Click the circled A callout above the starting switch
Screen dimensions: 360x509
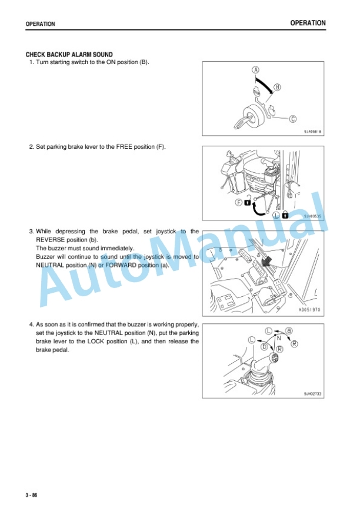click(x=256, y=70)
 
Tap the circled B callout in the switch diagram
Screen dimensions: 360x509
click(x=277, y=87)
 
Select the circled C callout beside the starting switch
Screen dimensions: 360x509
click(x=293, y=119)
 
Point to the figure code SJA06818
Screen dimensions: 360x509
click(x=312, y=132)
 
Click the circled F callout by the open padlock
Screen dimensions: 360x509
click(x=239, y=203)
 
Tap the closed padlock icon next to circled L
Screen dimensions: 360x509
click(x=285, y=215)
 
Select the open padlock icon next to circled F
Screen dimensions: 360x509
click(x=248, y=201)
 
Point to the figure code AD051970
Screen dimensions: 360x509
click(x=309, y=310)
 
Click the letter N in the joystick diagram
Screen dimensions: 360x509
click(x=279, y=338)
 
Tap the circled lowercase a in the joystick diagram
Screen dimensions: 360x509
click(x=289, y=331)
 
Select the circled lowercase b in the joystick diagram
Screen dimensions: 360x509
click(x=265, y=347)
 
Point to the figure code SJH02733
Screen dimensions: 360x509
click(x=312, y=394)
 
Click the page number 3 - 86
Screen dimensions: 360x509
click(x=32, y=495)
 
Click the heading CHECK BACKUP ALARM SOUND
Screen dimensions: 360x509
click(x=69, y=55)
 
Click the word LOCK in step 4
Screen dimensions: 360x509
click(x=95, y=341)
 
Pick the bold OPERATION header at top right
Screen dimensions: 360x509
click(x=308, y=23)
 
